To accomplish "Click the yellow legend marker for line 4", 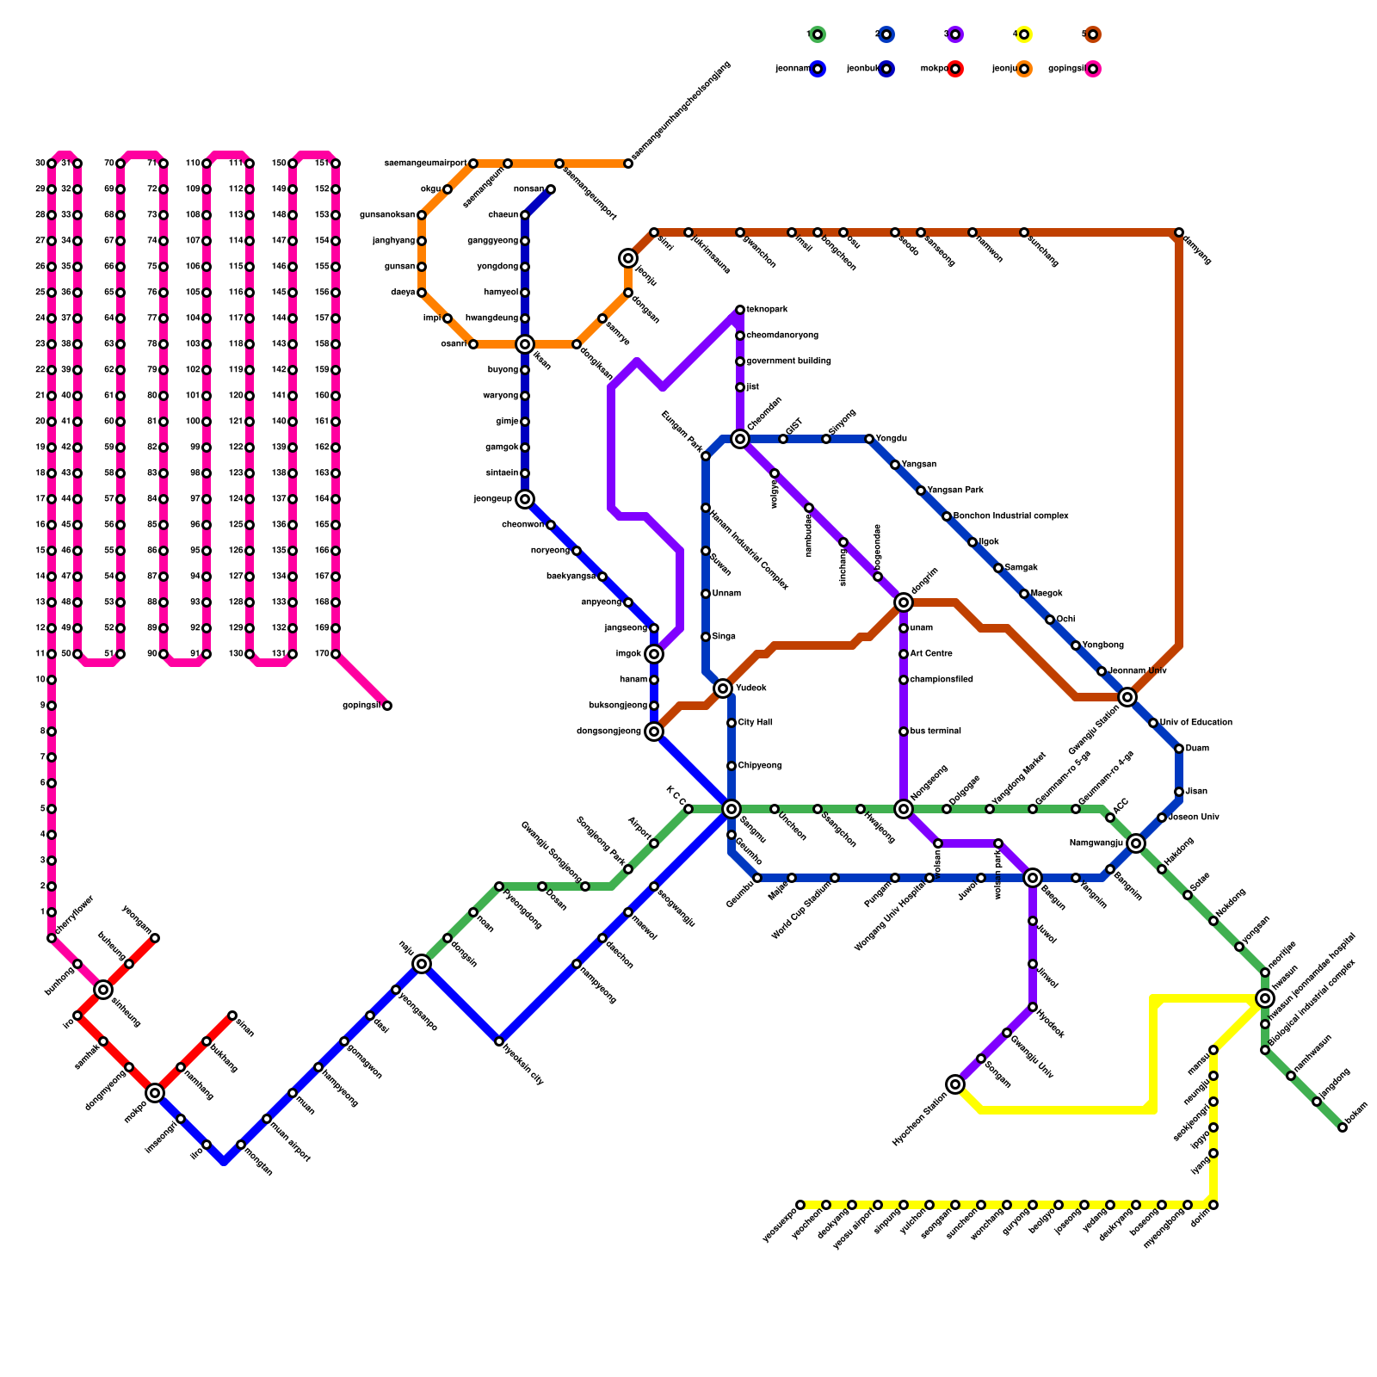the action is coord(1023,34).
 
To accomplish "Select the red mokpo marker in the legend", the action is coord(954,69).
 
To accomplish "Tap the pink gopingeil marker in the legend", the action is coord(1092,69).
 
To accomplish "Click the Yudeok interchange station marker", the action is coord(723,688).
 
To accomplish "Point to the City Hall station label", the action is coord(756,723).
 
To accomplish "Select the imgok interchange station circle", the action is coord(654,654).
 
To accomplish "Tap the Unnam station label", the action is coord(726,594).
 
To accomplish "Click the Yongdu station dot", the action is coord(869,439).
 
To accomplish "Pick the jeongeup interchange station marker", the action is coord(525,499).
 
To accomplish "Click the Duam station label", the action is coord(1197,749).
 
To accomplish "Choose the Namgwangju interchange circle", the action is coord(1136,843).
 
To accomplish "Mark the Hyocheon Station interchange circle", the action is coord(955,1084).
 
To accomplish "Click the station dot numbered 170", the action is coord(336,654).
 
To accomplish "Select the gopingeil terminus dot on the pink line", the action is coord(387,706).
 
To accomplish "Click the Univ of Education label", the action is coord(1196,723).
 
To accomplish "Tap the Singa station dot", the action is coord(706,637).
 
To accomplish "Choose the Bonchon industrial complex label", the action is coord(1011,516).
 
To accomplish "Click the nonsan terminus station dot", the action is coord(551,189).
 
